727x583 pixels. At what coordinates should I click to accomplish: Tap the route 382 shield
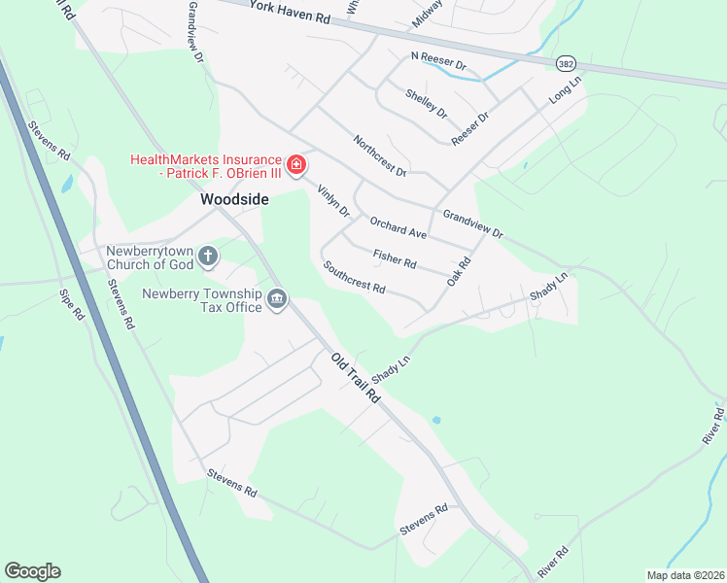(567, 62)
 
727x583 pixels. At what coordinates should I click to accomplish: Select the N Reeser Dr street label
(439, 62)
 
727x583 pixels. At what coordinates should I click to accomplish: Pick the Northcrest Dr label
(379, 155)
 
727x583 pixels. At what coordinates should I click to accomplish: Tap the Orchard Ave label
(398, 226)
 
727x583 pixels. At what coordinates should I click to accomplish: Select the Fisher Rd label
(395, 258)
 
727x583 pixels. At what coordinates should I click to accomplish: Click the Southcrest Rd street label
(355, 278)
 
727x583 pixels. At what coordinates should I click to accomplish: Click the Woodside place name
(234, 199)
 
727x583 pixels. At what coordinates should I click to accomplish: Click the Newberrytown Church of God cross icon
(207, 257)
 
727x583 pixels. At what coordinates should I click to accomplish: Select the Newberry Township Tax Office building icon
(277, 298)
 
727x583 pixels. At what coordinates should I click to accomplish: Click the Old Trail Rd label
(355, 380)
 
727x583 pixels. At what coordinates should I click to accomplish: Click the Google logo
(32, 571)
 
